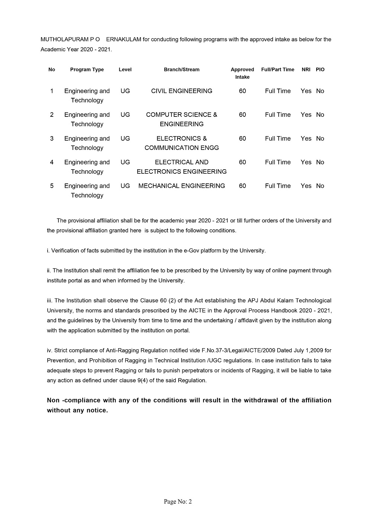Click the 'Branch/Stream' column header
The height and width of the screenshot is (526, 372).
pos(182,70)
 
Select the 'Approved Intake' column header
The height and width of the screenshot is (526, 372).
pos(242,73)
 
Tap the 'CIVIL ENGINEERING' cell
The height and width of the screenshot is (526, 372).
pos(182,91)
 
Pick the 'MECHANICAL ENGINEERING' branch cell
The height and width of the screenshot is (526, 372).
pos(182,186)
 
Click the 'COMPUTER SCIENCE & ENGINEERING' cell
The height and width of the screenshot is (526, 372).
pos(182,119)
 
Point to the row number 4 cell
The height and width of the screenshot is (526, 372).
pos(52,162)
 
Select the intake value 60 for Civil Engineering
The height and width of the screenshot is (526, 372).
pos(243,91)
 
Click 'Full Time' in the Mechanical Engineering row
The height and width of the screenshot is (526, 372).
pos(278,186)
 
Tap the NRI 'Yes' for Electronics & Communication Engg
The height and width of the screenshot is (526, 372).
pos(306,138)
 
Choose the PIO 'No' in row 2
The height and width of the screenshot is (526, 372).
pos(320,115)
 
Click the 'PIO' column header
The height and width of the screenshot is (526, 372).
pos(320,70)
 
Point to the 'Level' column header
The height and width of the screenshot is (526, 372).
pos(125,70)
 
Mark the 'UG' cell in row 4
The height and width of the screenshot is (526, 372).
pos(125,162)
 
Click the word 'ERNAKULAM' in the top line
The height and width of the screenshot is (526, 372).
pos(124,39)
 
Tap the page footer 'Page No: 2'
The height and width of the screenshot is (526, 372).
pos(178,502)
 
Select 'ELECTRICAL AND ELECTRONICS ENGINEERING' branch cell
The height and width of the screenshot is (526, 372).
pos(182,167)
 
